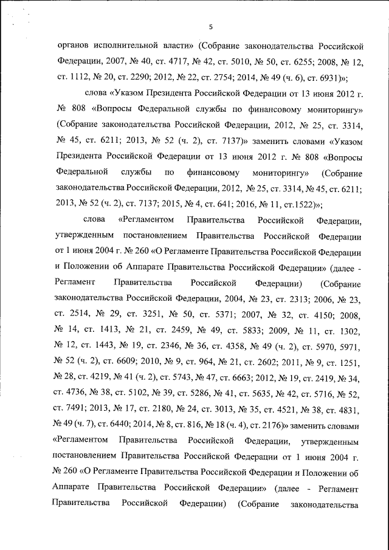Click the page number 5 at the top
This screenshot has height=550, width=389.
pos(210,25)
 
